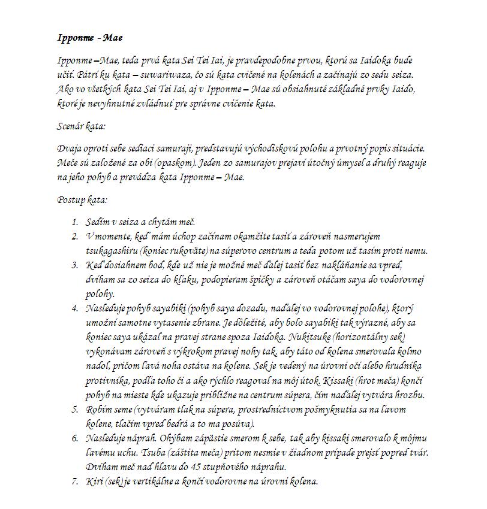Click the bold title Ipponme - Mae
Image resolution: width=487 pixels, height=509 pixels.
click(x=90, y=38)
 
